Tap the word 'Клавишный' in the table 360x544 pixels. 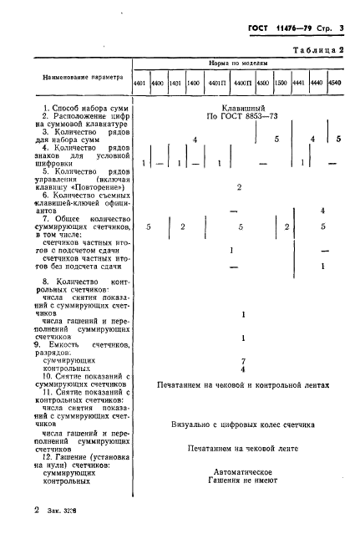coord(241,110)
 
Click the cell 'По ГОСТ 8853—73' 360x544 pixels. coord(241,121)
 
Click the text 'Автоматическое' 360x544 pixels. coord(241,471)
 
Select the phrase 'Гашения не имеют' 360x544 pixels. coord(241,482)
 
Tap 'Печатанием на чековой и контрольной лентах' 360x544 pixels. coord(244,386)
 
